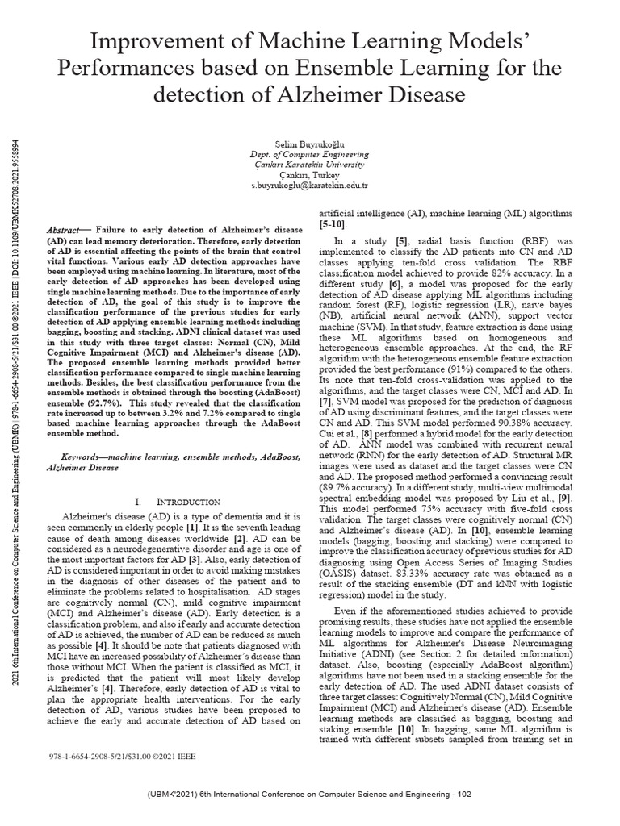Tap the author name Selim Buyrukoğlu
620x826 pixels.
tap(309, 143)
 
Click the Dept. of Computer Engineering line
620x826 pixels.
tap(309, 153)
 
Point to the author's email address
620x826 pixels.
tap(309, 185)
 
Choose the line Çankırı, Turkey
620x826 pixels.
tap(309, 174)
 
